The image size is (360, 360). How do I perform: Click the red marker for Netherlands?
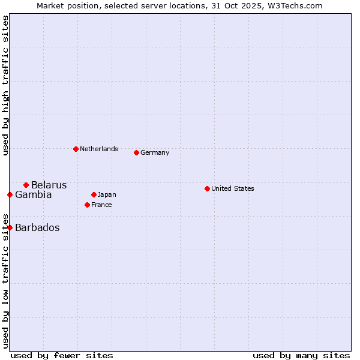click(x=76, y=149)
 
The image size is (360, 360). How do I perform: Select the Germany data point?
click(x=136, y=152)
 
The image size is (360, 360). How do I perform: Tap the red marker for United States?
click(x=207, y=188)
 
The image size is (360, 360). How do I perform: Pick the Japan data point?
click(x=94, y=194)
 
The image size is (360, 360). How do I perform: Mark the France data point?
click(x=87, y=205)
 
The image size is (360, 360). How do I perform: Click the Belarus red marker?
click(x=26, y=185)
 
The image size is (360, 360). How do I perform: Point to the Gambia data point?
click(x=10, y=194)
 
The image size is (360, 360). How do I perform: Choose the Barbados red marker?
click(x=10, y=227)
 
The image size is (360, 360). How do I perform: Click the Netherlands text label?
click(x=99, y=149)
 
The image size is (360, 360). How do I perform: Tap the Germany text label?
click(x=155, y=152)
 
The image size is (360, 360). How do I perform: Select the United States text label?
click(x=233, y=188)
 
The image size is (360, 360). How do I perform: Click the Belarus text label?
click(x=49, y=185)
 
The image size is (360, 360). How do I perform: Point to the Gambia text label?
click(x=34, y=194)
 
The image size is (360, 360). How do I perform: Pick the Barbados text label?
click(x=37, y=227)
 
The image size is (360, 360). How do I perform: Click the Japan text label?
click(x=107, y=194)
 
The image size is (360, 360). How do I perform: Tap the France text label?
click(x=101, y=205)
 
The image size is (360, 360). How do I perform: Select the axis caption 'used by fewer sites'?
click(x=62, y=355)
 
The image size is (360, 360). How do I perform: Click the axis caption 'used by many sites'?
click(x=301, y=355)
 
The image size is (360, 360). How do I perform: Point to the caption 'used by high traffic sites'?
click(x=5, y=85)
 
